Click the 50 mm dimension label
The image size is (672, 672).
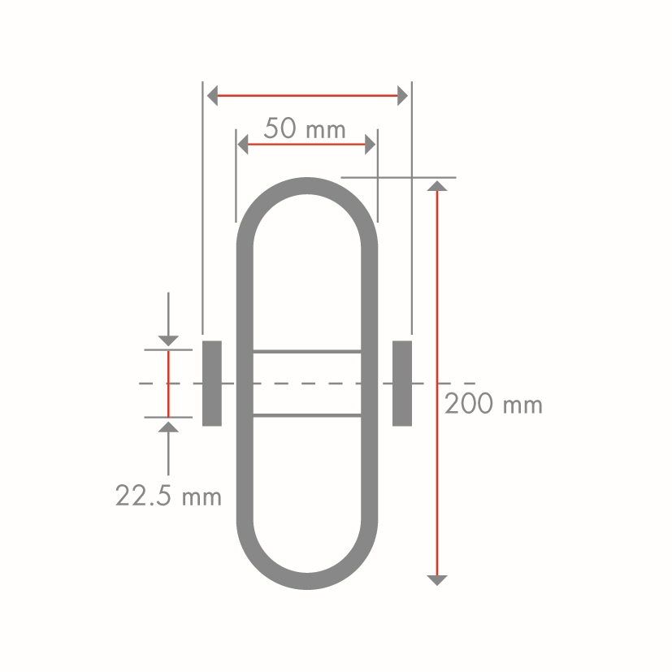coord(305,128)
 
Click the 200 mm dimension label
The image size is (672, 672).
coord(493,404)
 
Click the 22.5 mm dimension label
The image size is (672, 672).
coord(168,496)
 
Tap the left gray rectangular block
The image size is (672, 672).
coord(212,384)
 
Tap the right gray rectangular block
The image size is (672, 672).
coord(402,384)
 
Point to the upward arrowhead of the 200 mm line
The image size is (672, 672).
coord(437,185)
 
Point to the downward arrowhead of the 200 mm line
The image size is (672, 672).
coord(437,580)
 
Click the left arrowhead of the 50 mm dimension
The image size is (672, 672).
coord(243,144)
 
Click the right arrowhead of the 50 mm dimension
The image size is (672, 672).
coord(371,144)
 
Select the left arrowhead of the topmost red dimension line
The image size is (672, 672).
coord(212,96)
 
